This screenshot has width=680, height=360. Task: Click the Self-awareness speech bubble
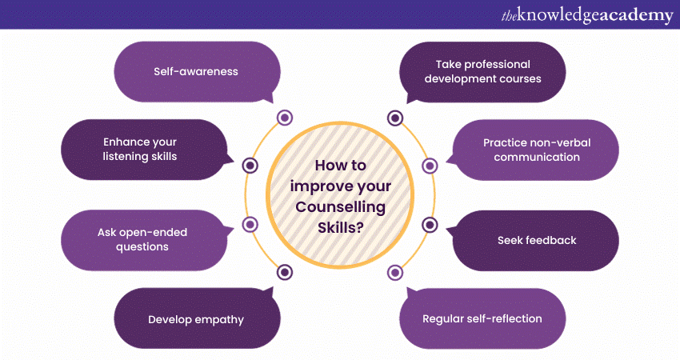tap(197, 72)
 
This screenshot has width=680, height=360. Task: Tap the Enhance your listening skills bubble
tap(143, 150)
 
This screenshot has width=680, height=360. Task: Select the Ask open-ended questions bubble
tap(143, 240)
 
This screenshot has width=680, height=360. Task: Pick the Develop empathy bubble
tap(197, 318)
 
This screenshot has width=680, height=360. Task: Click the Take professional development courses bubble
tap(482, 72)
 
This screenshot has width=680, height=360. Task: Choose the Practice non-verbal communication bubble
tap(535, 150)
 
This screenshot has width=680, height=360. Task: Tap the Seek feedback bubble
tap(535, 241)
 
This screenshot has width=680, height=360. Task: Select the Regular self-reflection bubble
tap(482, 318)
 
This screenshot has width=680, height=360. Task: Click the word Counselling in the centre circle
tap(341, 207)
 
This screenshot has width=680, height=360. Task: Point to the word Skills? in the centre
tap(341, 227)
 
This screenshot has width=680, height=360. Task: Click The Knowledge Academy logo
tap(587, 15)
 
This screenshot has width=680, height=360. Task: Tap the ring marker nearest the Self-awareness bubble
tap(285, 118)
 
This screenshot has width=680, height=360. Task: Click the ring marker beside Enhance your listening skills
tap(250, 166)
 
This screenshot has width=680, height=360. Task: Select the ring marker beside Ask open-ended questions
tap(250, 225)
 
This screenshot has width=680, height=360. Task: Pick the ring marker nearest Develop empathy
tap(285, 272)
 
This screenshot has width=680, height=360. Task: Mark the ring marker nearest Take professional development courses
tap(395, 118)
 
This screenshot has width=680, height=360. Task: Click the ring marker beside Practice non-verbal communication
tap(430, 166)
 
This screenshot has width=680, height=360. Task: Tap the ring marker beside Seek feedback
tap(430, 225)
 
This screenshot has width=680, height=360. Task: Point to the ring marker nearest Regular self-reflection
tap(395, 273)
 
